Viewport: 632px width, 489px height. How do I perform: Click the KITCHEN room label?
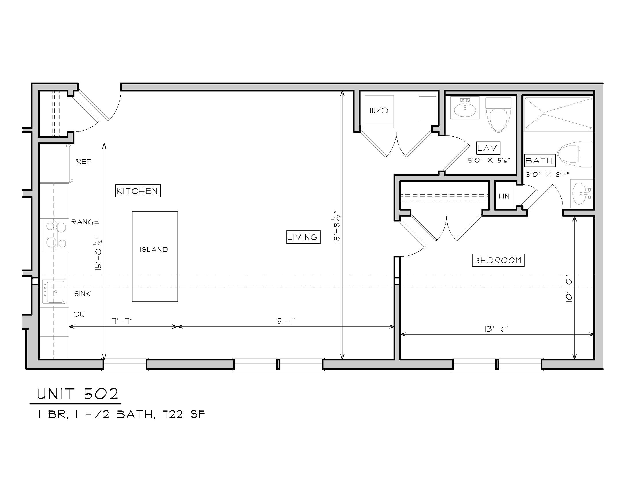pos(138,191)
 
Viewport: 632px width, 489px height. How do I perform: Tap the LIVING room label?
pos(303,237)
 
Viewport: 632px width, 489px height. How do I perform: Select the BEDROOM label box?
pos(498,260)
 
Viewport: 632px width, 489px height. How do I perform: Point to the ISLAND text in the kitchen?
pos(154,249)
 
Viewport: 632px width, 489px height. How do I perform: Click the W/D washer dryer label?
pos(379,110)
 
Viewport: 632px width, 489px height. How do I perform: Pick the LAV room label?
pos(488,148)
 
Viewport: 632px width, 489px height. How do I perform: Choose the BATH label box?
pos(540,160)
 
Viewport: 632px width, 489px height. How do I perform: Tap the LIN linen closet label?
pos(504,196)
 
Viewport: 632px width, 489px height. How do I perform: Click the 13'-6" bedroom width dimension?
pos(496,329)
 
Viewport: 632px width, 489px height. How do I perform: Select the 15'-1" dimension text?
pos(285,321)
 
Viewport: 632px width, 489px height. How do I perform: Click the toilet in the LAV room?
pos(498,114)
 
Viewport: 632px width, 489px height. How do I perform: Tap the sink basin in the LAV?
pos(465,109)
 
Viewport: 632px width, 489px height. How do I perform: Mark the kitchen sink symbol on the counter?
pos(54,291)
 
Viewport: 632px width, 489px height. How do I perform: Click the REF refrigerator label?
pos(84,161)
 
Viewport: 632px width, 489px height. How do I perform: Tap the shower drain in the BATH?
pos(544,113)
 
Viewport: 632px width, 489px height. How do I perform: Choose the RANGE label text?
pos(85,222)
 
